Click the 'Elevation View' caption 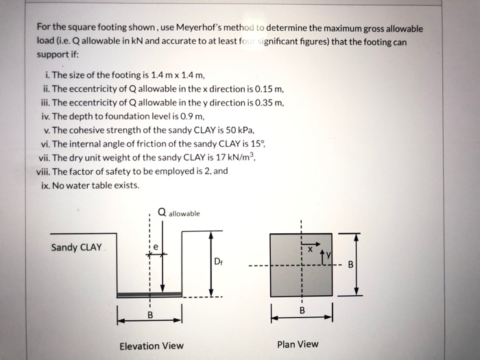point(152,345)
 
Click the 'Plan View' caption point(298,344)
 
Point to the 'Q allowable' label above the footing point(178,213)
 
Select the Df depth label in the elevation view point(217,261)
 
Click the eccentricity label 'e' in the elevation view point(156,245)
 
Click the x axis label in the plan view point(310,250)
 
